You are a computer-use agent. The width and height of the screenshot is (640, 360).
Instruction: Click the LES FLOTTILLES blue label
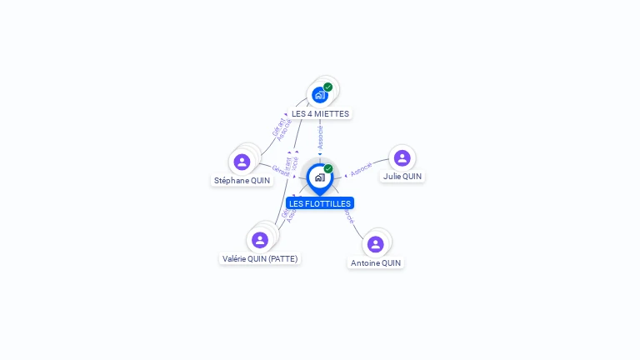pos(320,203)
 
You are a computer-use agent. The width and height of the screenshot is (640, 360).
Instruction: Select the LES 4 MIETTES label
pos(320,113)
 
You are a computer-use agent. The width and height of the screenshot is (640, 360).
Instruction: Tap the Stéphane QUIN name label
pos(242,180)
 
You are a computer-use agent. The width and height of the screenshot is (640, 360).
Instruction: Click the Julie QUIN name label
pos(402,177)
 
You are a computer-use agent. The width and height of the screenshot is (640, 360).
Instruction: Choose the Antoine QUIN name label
pos(376,262)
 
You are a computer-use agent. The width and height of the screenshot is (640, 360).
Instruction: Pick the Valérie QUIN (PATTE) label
pos(260,258)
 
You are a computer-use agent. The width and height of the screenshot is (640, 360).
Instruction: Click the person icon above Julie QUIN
pos(402,158)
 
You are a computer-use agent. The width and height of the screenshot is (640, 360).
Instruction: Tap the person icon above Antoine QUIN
pos(376,244)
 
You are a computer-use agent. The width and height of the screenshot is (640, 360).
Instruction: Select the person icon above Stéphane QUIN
pos(242,162)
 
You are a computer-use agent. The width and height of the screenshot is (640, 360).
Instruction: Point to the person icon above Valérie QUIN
pos(260,240)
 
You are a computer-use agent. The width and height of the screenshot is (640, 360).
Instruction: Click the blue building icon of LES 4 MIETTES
pos(319,95)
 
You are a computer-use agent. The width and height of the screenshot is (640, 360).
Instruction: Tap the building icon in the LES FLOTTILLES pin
pos(320,177)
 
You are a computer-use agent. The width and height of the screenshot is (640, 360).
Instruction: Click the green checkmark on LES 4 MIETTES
pos(328,87)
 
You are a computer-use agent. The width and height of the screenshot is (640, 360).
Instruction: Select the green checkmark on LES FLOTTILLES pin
pos(328,168)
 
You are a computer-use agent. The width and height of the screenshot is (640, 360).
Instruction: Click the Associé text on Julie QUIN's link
pos(361,169)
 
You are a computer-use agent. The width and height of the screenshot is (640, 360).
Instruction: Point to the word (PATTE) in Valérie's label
pos(283,258)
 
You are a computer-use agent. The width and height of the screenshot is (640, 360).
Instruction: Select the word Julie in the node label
pos(392,177)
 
